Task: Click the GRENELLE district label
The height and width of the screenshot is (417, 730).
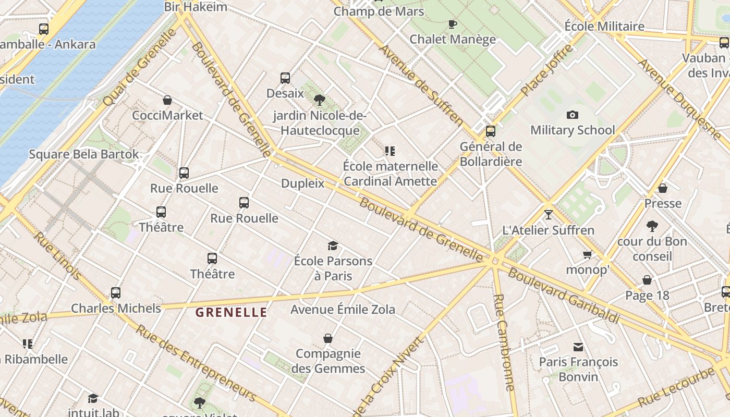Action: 231,313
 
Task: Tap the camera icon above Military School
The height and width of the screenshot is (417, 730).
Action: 573,115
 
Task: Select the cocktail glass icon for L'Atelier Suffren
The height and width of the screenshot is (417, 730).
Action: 548,214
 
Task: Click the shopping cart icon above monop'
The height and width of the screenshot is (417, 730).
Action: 588,254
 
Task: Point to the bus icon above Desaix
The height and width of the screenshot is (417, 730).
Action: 285,78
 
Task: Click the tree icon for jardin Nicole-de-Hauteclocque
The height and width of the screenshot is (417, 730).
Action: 320,100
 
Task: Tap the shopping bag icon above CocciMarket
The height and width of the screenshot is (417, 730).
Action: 167,100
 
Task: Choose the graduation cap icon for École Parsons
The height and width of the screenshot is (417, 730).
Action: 333,246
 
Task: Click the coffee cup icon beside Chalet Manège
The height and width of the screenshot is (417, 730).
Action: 453,24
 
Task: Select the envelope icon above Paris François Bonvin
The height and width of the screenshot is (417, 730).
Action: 578,347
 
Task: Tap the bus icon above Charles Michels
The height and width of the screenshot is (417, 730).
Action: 116,293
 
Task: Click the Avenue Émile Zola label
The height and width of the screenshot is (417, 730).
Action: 343,310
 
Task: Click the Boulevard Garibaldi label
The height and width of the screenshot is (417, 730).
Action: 564,296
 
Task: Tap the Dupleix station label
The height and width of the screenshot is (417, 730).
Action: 302,183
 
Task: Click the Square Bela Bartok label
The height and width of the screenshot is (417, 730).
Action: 84,154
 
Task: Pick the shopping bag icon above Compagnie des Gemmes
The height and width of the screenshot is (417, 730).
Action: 328,339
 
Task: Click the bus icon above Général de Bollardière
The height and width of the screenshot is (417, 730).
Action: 490,131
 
